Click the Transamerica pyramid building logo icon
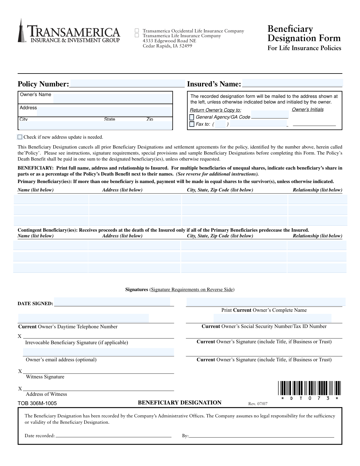[x=21, y=31]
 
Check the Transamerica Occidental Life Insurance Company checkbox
[x=137, y=31]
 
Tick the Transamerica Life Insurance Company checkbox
[x=137, y=35]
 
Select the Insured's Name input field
[x=292, y=83]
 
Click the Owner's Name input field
[x=112, y=98]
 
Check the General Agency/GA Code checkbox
[x=192, y=117]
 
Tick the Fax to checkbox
[x=192, y=124]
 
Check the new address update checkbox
[x=20, y=137]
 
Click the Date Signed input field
[x=112, y=302]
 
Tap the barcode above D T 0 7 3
[x=309, y=388]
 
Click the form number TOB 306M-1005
[x=37, y=403]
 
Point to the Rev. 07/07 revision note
[x=258, y=404]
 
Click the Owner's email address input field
[x=98, y=352]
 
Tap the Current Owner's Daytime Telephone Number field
[x=83, y=318]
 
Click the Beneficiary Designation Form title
[x=304, y=33]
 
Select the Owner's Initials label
[x=307, y=110]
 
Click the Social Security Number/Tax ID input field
[x=272, y=318]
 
